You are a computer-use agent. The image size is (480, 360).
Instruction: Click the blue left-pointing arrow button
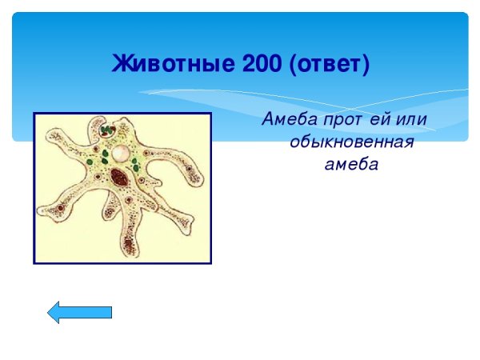click(x=79, y=312)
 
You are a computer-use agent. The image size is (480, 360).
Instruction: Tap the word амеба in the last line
click(x=350, y=166)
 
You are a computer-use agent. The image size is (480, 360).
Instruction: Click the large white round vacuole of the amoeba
click(x=121, y=152)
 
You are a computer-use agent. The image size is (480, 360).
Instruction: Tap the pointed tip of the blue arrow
click(x=50, y=312)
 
